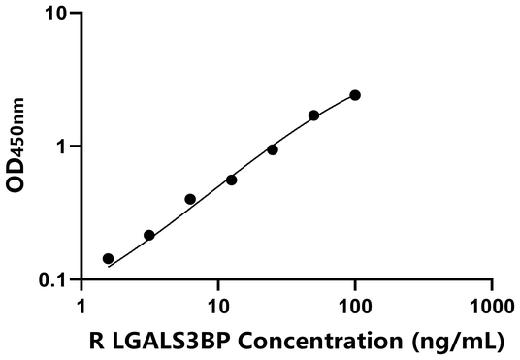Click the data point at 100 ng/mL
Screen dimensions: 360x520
355,95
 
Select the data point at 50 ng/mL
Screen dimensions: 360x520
313,115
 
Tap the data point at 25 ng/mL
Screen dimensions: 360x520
273,149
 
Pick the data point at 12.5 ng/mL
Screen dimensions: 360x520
232,180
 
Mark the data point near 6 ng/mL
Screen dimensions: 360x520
190,199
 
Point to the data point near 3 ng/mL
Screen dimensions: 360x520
149,235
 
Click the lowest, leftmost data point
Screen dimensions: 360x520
108,259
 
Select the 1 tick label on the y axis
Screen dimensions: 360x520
64,147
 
